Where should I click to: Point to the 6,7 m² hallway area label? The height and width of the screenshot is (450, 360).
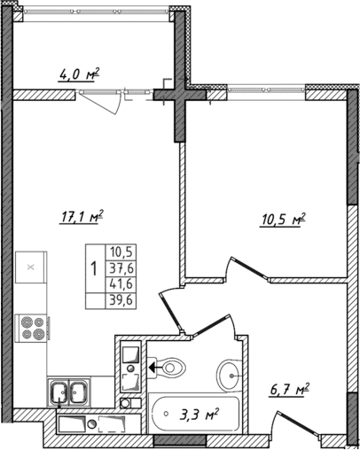tap(290, 388)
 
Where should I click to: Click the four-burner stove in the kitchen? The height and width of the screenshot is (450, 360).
tap(31, 329)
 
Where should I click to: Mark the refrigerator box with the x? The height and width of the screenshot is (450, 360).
tap(31, 266)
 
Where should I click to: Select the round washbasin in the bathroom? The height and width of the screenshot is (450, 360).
tap(232, 375)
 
